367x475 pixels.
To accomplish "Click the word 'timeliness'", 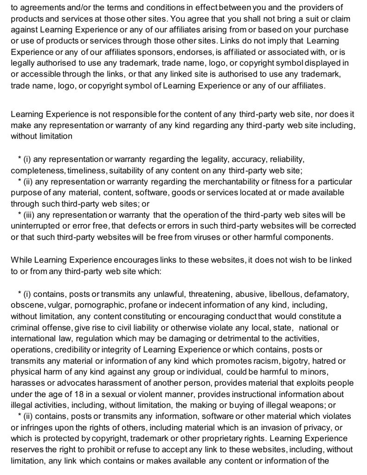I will point(79,170).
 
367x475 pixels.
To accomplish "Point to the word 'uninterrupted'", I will point(34,226).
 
